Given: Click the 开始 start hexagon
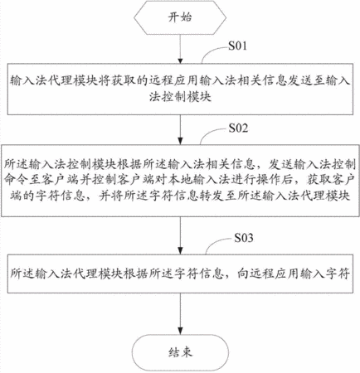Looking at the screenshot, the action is [180, 17].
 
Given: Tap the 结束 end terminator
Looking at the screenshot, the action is [180, 352].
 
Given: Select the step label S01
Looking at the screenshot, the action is [237, 46].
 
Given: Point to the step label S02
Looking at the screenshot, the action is [238, 128].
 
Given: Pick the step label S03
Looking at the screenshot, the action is [244, 238].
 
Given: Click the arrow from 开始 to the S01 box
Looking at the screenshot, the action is [180, 49].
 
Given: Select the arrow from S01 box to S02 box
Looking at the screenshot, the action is [180, 129].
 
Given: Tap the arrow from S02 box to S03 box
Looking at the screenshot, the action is [180, 235].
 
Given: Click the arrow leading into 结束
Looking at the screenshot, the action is [180, 314].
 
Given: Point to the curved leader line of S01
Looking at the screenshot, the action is [212, 51].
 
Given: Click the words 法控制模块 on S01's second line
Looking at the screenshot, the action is [180, 97].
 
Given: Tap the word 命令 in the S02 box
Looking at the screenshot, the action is [16, 180].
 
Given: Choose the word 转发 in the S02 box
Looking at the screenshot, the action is [212, 196].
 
